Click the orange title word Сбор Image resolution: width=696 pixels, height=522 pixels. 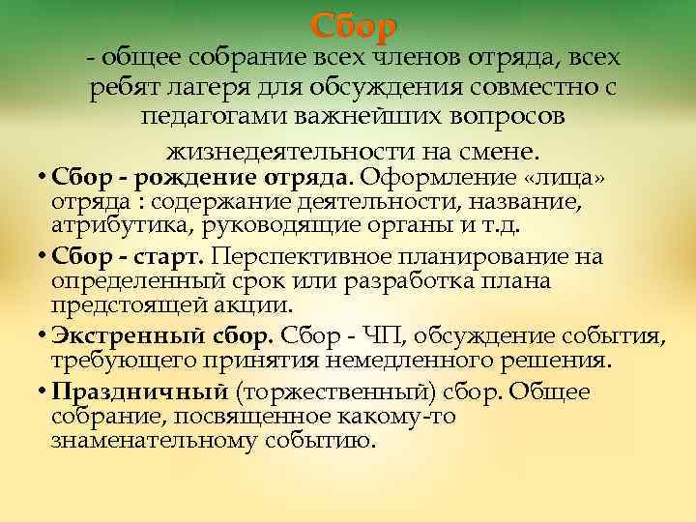point(354,24)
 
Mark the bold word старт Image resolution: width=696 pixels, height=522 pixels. point(173,257)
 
